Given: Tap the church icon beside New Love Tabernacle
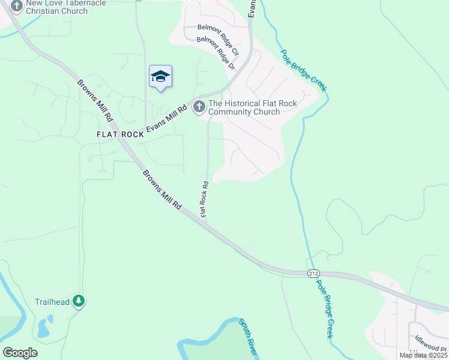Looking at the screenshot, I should coord(16,7).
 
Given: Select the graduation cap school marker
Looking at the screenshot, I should coord(160,76).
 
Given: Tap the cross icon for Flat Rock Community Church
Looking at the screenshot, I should coord(199,107).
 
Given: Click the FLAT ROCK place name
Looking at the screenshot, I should coord(121,134).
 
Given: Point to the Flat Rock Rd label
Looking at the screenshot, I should coord(204,199).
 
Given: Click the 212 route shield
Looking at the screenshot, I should coord(313,273).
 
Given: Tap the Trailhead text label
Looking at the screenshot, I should coord(52,302).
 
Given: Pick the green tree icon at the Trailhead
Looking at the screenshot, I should coord(78,301).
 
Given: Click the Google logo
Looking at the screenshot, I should coord(20,353).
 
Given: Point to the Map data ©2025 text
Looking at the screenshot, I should coord(423,355).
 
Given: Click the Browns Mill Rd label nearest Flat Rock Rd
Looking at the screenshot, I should coord(162,189).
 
